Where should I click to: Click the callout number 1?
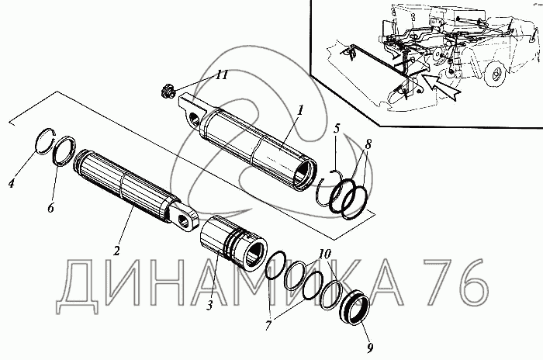300,110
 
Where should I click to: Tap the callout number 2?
116,250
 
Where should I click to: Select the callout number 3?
209,305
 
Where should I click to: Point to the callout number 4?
12,183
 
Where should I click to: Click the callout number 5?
337,128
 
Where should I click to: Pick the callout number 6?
51,208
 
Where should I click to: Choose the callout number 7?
268,325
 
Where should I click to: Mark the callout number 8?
368,144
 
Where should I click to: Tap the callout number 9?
370,348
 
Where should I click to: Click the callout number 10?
324,254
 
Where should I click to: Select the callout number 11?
222,74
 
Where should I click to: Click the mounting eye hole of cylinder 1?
194,118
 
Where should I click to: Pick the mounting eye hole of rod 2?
182,220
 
